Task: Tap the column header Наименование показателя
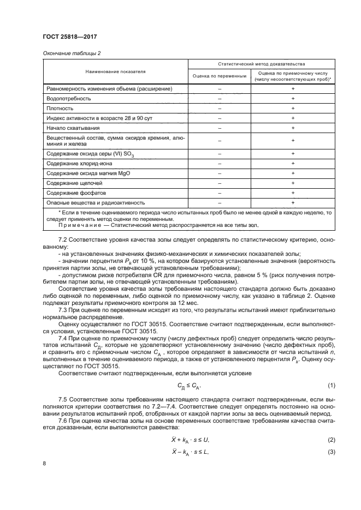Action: click(115, 71)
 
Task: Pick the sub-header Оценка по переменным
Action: click(220, 75)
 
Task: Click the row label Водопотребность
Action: click(69, 99)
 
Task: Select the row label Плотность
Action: click(60, 109)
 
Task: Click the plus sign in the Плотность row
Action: click(293, 109)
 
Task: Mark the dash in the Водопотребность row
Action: click(220, 99)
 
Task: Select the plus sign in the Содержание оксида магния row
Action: click(293, 173)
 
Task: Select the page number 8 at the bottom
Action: click(44, 464)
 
